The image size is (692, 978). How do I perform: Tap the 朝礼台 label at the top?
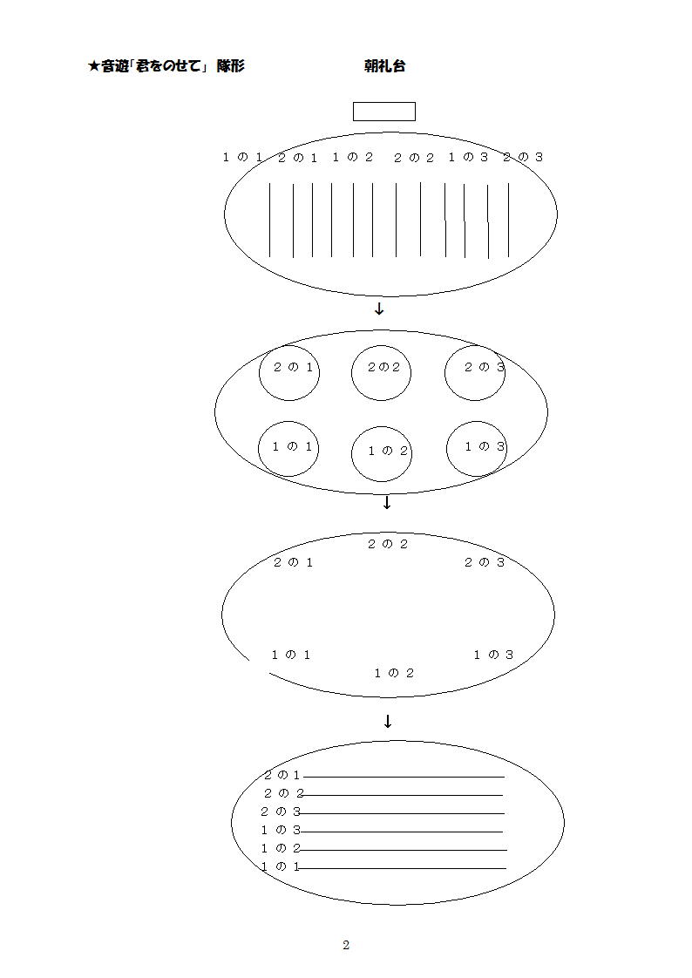[384, 66]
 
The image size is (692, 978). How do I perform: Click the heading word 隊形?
[231, 66]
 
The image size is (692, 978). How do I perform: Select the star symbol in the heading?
[93, 66]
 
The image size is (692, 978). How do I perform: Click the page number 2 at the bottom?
[346, 945]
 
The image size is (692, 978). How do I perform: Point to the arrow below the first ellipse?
[378, 309]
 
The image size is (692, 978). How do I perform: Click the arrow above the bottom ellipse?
[387, 722]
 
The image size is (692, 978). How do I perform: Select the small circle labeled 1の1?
[258, 448]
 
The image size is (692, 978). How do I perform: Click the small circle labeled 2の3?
[444, 372]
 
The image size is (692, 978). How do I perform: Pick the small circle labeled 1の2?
[351, 454]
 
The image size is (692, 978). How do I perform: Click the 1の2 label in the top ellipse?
[352, 157]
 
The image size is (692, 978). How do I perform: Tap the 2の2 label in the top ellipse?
[413, 158]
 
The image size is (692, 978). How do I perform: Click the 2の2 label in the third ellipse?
[387, 544]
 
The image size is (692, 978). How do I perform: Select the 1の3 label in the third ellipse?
[493, 655]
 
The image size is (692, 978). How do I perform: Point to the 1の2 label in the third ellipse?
[393, 673]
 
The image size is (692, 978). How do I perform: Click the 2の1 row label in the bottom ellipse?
[282, 775]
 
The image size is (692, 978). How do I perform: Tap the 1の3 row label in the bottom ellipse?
[281, 830]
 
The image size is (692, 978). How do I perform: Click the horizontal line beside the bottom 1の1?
[403, 868]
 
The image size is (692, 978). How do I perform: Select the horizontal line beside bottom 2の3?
[402, 813]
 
